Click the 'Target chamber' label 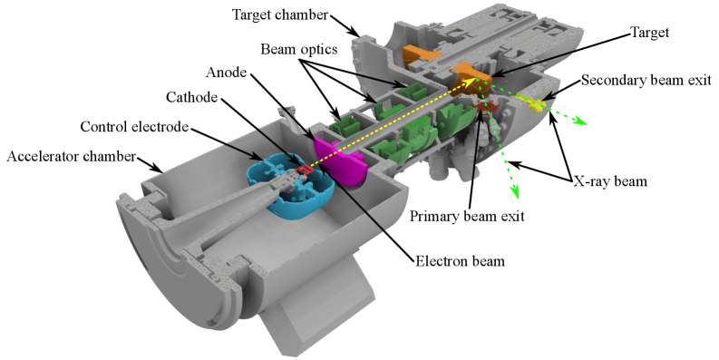(276, 15)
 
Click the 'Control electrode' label (132, 128)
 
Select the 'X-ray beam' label (610, 180)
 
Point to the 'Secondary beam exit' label (646, 80)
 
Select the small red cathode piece (302, 168)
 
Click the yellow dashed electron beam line (390, 123)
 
